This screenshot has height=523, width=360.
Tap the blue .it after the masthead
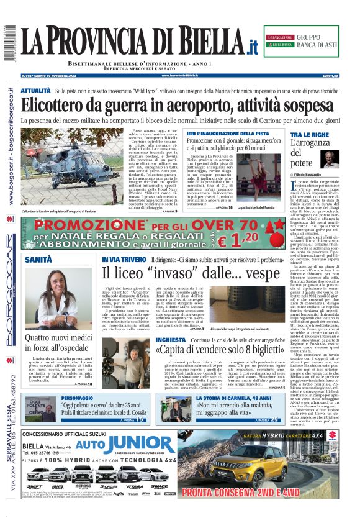pos(250,47)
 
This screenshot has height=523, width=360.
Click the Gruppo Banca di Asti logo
pos(302,41)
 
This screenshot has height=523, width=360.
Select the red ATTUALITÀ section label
pos(35,91)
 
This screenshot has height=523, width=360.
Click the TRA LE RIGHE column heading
pos(310,134)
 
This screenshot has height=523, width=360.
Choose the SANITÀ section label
pos(38,259)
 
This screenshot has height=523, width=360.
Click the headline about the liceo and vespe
pos(191,273)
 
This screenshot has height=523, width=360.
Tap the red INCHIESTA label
pos(170,340)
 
